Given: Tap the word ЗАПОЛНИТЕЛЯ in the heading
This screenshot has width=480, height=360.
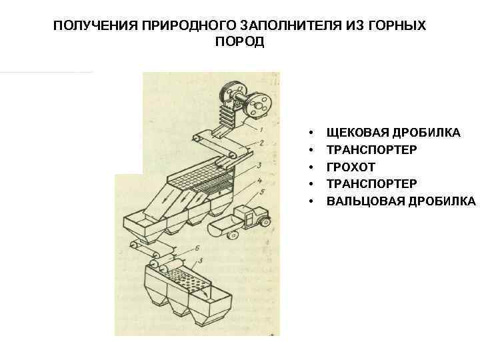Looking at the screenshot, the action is coord(291,25).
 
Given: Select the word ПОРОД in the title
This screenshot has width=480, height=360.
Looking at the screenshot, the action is coord(240,41).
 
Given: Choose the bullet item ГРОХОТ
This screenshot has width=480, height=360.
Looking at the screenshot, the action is coord(351,167).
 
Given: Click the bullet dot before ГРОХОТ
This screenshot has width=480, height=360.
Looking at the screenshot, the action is coord(311,167).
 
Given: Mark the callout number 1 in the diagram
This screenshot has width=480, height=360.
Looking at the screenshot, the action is coord(261,130).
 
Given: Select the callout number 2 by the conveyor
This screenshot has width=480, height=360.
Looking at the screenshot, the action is coord(261,143).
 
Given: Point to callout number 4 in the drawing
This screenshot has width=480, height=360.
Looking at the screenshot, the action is coord(259,181).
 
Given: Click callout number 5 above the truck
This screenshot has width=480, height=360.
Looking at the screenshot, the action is coord(262,192).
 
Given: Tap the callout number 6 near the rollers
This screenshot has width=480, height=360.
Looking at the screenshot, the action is coord(197,248).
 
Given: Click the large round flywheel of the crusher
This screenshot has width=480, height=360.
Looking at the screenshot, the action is coord(259,105).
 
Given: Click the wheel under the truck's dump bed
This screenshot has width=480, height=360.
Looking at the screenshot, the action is coord(233,235).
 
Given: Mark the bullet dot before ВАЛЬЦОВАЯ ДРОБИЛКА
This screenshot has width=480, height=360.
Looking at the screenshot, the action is coord(311,202).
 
